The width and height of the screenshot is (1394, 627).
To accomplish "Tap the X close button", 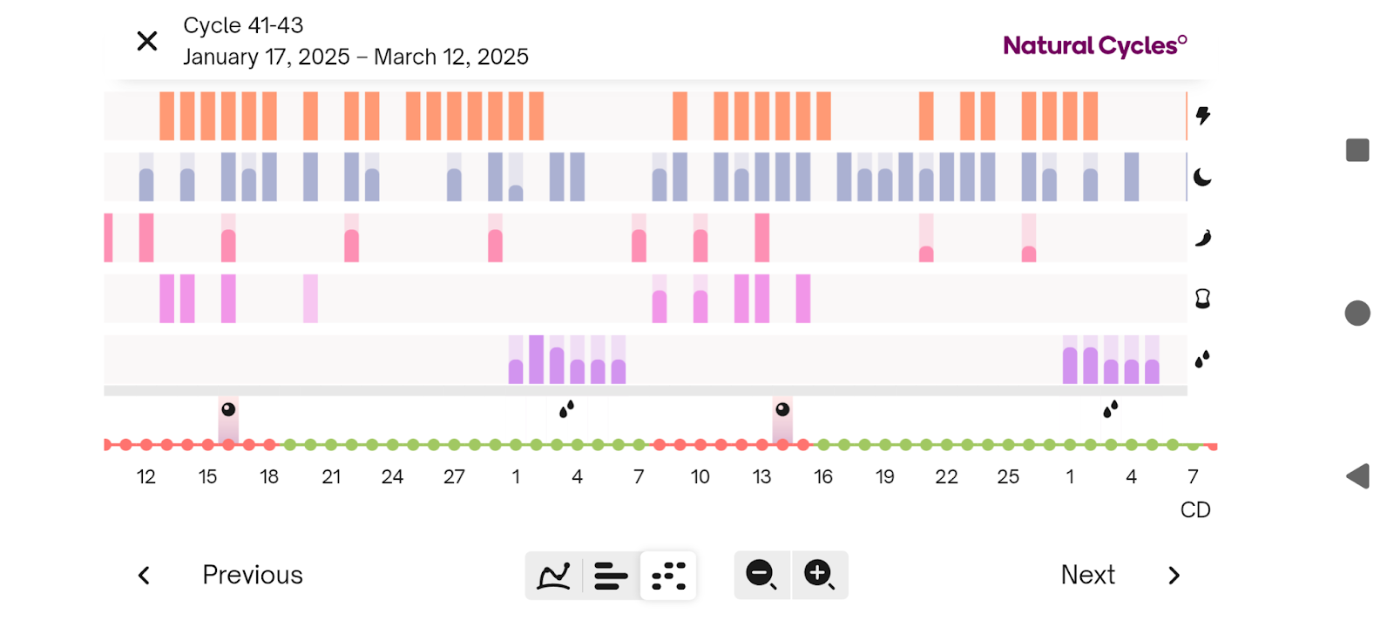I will (147, 41).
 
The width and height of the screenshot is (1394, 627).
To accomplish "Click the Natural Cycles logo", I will (1094, 45).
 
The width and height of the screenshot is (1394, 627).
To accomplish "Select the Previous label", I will (253, 575).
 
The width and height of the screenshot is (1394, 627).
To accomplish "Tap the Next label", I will (1087, 575).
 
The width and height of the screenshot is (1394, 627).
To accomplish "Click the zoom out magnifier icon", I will (761, 575).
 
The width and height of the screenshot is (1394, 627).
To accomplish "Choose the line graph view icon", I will (554, 576).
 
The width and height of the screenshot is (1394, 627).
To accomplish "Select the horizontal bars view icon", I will (611, 576).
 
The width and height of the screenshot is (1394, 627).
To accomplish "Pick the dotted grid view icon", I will (668, 576).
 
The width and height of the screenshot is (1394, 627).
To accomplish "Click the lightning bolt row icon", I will (1203, 116).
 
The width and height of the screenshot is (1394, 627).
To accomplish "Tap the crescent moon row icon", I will (1202, 178).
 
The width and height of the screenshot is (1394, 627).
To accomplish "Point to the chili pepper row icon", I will (1203, 238).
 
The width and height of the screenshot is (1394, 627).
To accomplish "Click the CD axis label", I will (1195, 510).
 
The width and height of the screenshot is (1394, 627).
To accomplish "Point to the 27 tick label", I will (454, 477).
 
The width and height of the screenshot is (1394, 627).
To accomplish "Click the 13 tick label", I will (761, 477).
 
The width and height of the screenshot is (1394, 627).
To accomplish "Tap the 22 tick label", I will (946, 477).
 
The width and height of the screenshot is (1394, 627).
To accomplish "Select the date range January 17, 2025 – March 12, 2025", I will (355, 57).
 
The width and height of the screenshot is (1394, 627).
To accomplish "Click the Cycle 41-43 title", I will (243, 26).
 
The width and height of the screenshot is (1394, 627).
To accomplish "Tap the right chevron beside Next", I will (1174, 576).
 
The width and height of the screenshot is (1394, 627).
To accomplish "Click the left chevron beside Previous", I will (145, 576).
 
